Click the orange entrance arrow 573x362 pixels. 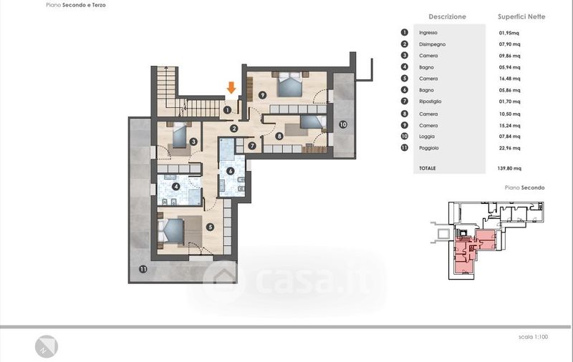click(x=231, y=87)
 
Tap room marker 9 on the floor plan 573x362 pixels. click(x=262, y=95)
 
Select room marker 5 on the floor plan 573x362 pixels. click(x=210, y=227)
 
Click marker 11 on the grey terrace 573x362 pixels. click(x=143, y=269)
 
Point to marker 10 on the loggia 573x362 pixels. click(x=343, y=124)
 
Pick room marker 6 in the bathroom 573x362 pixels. click(x=230, y=171)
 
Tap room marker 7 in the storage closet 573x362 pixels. click(x=252, y=146)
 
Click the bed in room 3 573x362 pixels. click(x=180, y=135)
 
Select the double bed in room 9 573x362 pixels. click(x=290, y=84)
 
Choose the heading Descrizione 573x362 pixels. click(x=447, y=16)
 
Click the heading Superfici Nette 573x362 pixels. click(x=521, y=16)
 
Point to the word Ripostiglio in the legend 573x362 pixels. click(x=430, y=102)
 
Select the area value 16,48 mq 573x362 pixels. click(x=509, y=79)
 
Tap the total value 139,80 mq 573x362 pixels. click(x=509, y=168)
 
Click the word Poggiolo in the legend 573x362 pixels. click(x=428, y=148)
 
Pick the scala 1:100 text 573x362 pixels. click(x=533, y=337)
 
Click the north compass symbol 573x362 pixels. click(x=47, y=347)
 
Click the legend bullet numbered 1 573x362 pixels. click(x=404, y=32)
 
